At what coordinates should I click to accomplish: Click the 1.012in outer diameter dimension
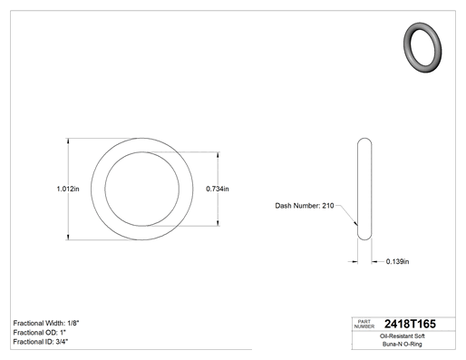pyautogui.click(x=68, y=189)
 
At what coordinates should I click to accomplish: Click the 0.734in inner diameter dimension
pyautogui.click(x=218, y=189)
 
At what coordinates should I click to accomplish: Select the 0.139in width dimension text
pyautogui.click(x=397, y=261)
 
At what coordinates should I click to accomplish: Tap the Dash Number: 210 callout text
pyautogui.click(x=305, y=206)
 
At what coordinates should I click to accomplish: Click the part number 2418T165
pyautogui.click(x=410, y=324)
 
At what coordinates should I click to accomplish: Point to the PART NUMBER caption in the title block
pyautogui.click(x=364, y=324)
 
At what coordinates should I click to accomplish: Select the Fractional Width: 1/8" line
pyautogui.click(x=46, y=323)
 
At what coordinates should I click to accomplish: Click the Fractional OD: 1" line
pyautogui.click(x=40, y=333)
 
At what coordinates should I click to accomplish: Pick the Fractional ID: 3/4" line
pyautogui.click(x=41, y=342)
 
